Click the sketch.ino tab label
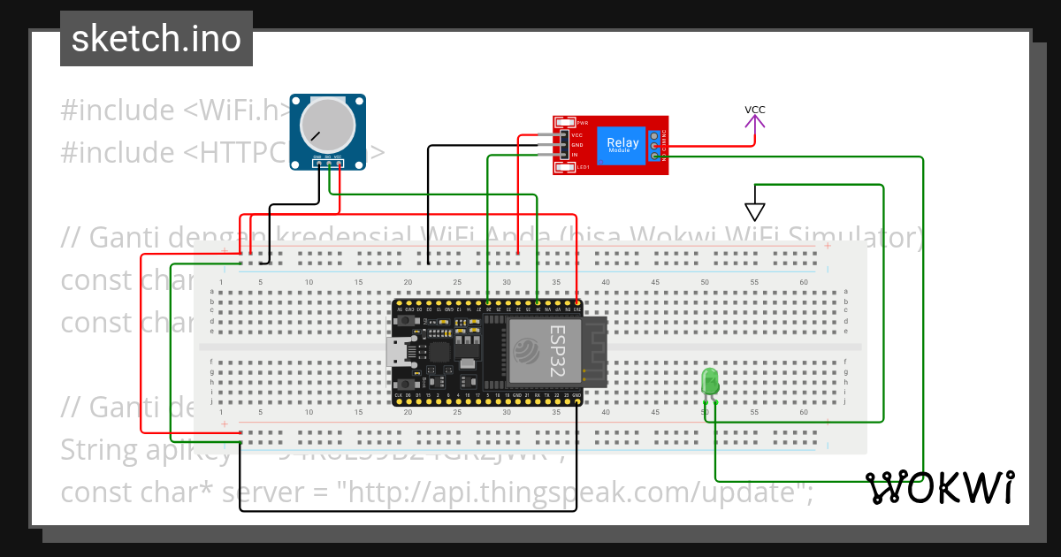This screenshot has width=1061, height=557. click(x=156, y=39)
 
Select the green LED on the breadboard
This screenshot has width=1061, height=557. click(x=710, y=382)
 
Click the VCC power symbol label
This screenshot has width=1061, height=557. click(x=754, y=111)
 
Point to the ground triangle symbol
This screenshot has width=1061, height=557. click(x=754, y=211)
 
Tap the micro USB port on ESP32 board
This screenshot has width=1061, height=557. click(x=401, y=353)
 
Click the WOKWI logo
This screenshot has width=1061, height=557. click(x=939, y=488)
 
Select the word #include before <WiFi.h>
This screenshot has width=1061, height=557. click(x=118, y=111)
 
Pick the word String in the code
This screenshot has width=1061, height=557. click(x=98, y=450)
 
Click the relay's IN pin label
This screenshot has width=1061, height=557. click(x=575, y=155)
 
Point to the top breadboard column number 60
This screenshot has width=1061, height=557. click(x=803, y=282)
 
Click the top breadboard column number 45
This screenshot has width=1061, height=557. click(x=655, y=282)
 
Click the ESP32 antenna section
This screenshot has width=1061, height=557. click(x=596, y=352)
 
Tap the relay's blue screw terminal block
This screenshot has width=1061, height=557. click(x=654, y=145)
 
